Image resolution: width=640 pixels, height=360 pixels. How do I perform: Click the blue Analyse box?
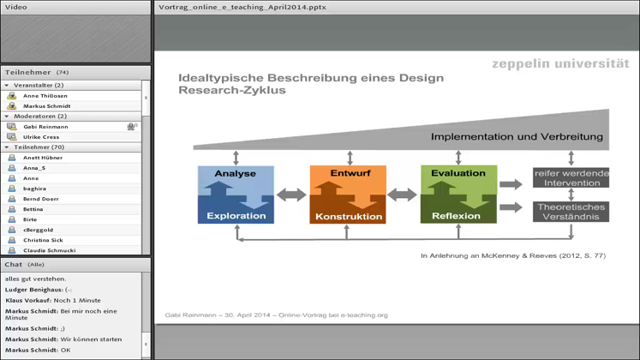point(236,194)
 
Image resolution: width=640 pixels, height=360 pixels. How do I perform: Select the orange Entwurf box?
point(348,194)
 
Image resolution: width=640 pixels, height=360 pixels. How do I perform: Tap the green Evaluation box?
point(458,194)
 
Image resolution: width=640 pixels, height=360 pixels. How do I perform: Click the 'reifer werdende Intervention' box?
point(571,178)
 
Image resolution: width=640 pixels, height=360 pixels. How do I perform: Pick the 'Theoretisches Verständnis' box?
point(571,212)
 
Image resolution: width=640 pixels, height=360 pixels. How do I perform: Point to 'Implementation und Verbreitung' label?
point(517,136)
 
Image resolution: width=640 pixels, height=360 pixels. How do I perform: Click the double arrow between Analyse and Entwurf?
point(291,195)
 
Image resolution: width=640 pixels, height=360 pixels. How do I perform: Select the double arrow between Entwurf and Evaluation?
point(403,195)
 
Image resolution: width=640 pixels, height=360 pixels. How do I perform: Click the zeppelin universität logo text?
point(560,64)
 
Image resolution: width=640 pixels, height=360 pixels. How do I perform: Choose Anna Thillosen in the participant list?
point(45,96)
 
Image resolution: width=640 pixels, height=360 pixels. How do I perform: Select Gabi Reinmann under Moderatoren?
point(45,127)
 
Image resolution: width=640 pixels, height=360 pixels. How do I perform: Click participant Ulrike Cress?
point(41,137)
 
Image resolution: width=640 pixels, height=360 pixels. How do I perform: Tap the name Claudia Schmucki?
point(49,250)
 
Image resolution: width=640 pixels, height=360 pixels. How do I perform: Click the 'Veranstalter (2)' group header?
point(39,86)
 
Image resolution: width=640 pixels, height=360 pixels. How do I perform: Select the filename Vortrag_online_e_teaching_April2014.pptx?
point(242,8)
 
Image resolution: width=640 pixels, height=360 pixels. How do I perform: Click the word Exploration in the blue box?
point(236,216)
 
